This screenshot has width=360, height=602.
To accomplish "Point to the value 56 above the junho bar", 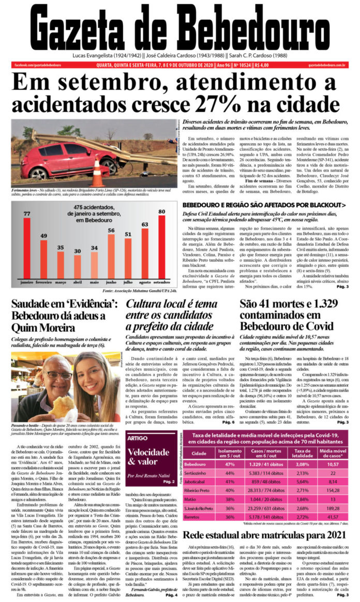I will point(111,230).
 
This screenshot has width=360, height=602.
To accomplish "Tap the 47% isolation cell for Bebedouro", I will point(231,465).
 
